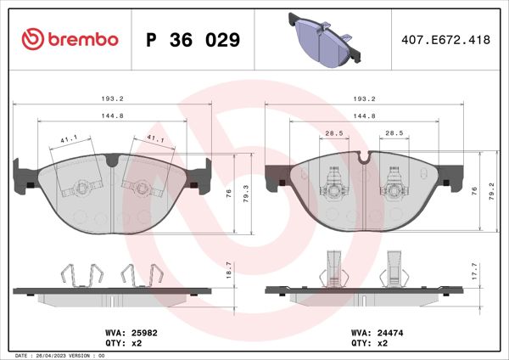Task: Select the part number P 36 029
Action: tap(193, 40)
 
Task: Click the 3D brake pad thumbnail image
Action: tap(325, 38)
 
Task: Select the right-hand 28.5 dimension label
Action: tap(394, 132)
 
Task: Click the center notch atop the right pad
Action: tap(365, 157)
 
